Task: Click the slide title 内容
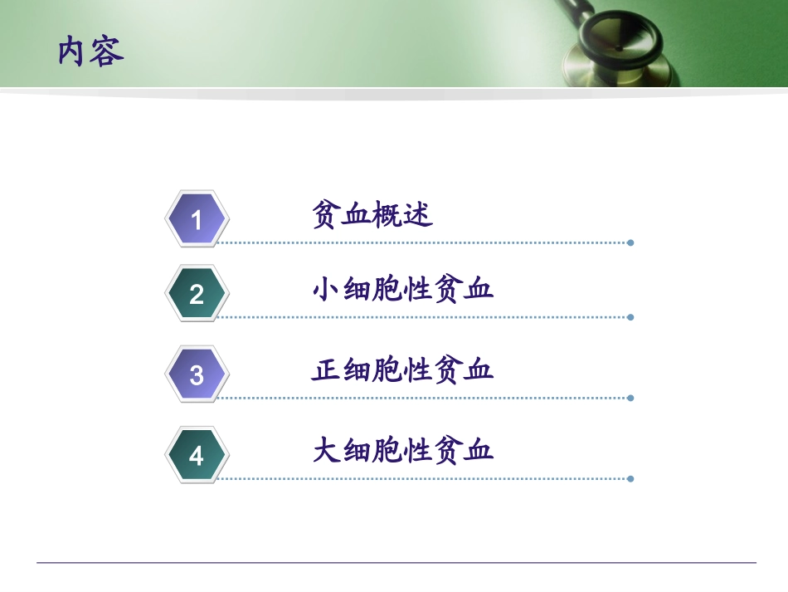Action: click(x=91, y=51)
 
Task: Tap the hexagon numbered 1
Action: click(x=197, y=219)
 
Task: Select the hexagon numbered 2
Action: click(x=197, y=293)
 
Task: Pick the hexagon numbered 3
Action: click(x=197, y=374)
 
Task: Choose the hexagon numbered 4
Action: click(x=197, y=455)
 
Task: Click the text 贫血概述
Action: click(x=372, y=216)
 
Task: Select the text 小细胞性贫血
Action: click(x=403, y=290)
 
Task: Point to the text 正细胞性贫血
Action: click(x=403, y=369)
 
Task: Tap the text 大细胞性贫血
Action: click(x=403, y=451)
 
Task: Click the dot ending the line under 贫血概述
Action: click(x=630, y=242)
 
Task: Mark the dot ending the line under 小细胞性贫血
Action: click(x=630, y=317)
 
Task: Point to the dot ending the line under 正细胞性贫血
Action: click(x=630, y=398)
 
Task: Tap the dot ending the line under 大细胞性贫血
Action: click(x=630, y=478)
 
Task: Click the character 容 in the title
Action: click(x=108, y=51)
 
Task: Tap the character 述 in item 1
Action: click(x=419, y=216)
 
